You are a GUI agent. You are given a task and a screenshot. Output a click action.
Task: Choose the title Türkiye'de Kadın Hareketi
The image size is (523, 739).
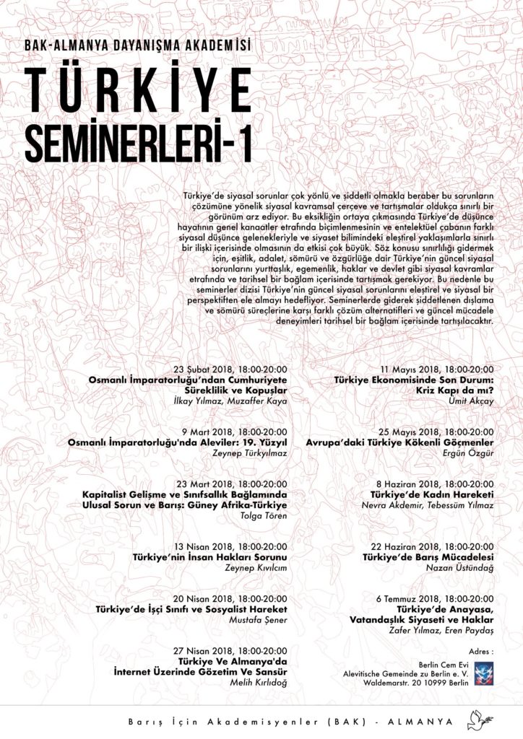(x=428, y=494)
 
